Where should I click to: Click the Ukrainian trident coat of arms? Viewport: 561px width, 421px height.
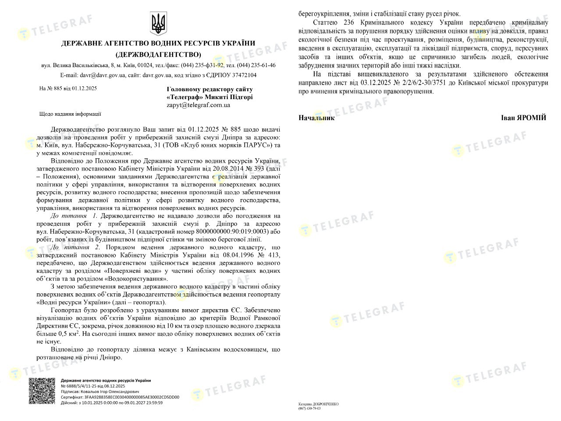click(x=158, y=24)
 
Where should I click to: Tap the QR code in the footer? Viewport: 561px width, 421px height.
click(x=43, y=391)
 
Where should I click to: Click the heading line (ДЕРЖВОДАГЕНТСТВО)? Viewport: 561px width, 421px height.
click(x=158, y=54)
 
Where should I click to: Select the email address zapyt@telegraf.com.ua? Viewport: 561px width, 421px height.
click(x=198, y=105)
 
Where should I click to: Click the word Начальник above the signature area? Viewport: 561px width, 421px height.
click(x=316, y=118)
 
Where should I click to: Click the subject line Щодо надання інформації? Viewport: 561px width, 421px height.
click(x=70, y=114)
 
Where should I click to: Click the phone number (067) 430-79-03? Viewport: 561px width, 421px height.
click(x=310, y=408)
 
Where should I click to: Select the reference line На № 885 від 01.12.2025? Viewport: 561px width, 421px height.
click(x=68, y=88)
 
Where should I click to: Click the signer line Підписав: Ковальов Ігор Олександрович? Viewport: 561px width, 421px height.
click(x=100, y=391)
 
